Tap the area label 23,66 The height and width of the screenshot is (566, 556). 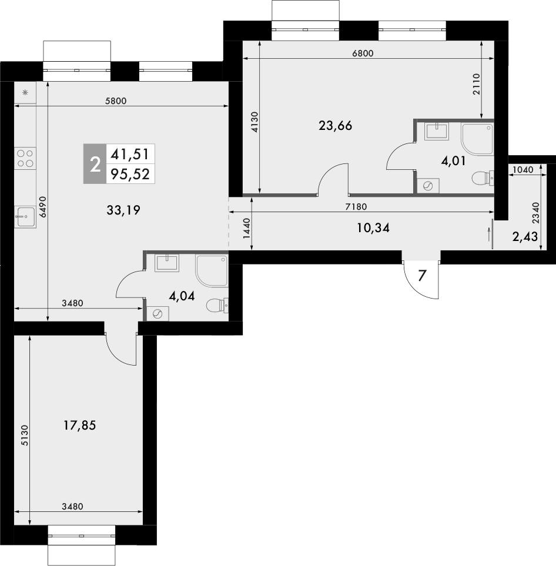(335, 125)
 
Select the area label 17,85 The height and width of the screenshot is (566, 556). (79, 425)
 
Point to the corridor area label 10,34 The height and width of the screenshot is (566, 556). (373, 228)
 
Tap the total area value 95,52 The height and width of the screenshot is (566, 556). (130, 174)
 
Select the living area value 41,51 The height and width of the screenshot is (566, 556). (130, 154)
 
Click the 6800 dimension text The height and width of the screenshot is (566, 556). (363, 53)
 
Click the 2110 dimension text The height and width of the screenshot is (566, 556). (477, 84)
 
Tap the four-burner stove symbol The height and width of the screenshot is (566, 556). (25, 159)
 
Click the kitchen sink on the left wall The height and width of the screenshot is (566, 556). (25, 216)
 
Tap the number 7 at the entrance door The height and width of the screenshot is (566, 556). (421, 275)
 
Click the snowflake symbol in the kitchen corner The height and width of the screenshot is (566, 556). (25, 93)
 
